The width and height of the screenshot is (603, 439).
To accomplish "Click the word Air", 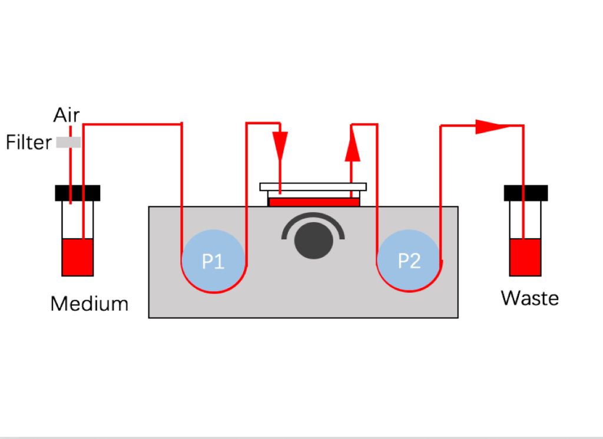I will pos(67,115).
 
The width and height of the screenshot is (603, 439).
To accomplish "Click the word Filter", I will pos(29,143).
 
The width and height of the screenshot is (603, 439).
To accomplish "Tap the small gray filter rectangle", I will pos(68,142).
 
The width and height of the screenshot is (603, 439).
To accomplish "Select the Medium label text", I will pos(90,304).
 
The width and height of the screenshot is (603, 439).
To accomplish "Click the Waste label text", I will pos(530,298).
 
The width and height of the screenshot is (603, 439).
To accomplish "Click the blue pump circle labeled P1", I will pos(213,260).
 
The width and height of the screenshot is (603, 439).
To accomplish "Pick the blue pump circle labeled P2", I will pos(409,260).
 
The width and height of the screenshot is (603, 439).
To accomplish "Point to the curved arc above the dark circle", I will pos(313,217).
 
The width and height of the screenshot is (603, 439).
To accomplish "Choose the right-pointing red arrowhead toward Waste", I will pos(489,126).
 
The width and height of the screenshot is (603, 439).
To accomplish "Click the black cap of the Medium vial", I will pos(77,193).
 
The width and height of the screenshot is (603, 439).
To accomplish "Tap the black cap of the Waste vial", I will pos(526,193).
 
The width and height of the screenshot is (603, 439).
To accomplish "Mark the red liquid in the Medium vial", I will pos(77,258).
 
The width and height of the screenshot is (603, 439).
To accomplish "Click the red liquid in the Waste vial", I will pos(525,258).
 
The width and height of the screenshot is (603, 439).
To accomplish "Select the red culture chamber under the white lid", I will pos(313,202).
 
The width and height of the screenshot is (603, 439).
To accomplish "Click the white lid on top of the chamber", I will pos(313,187).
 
